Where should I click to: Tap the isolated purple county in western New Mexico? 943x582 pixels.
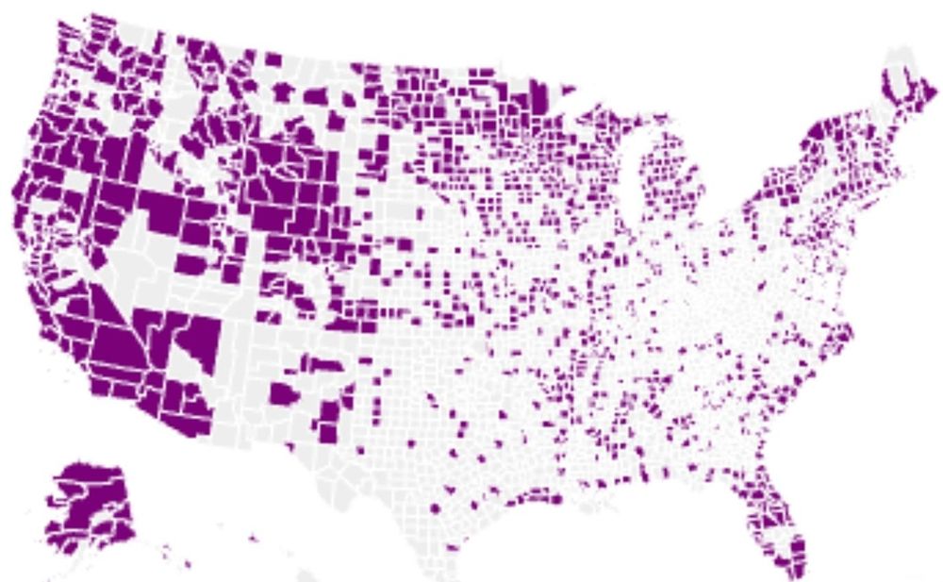[283, 393]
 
